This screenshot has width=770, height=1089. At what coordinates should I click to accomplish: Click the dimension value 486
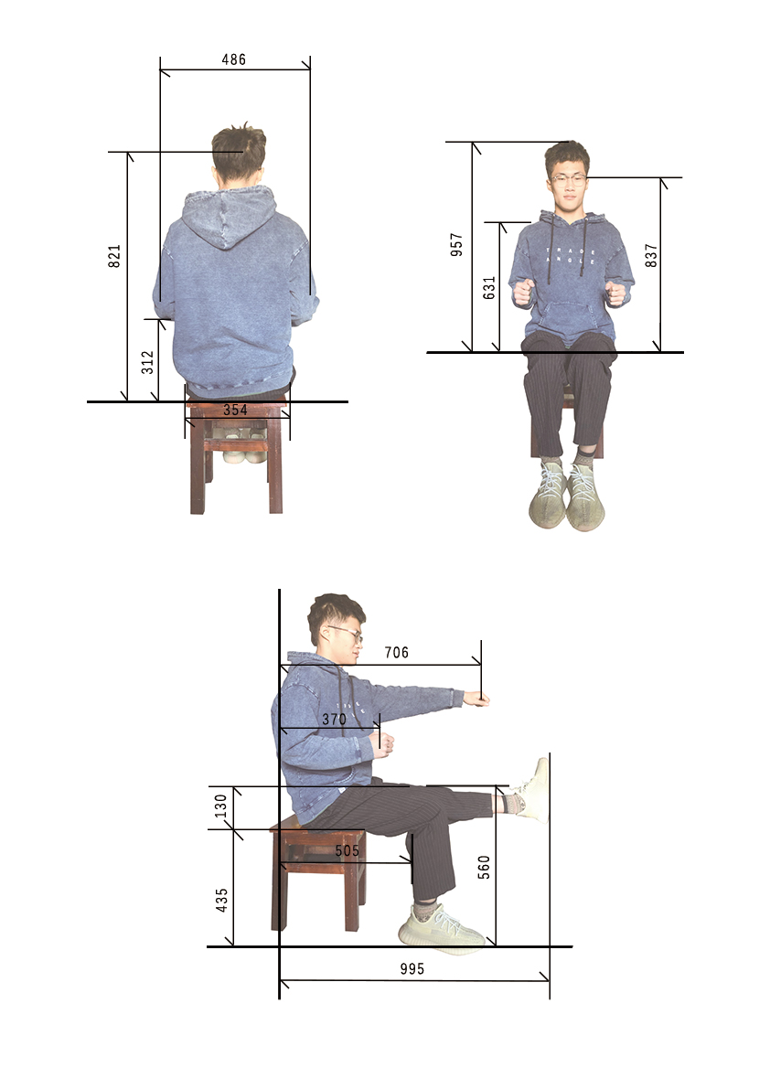[x=234, y=59]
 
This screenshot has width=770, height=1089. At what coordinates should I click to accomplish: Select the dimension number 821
[x=114, y=256]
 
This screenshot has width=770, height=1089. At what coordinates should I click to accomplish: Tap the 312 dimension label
[x=148, y=362]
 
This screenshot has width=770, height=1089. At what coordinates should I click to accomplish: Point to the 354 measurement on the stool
[x=235, y=410]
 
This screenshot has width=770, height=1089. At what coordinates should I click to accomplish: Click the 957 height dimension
[x=457, y=244]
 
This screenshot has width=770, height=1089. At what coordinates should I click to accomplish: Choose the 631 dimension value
[x=489, y=287]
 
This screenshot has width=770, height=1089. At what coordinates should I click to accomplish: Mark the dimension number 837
[x=650, y=255]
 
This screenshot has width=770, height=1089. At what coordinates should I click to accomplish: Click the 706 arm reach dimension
[x=397, y=652]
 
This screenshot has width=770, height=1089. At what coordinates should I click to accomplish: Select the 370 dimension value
[x=334, y=720]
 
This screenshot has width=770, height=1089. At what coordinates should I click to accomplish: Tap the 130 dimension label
[x=220, y=806]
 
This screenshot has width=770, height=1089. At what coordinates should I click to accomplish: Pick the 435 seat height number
[x=221, y=900]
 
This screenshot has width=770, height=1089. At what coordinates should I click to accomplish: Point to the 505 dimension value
[x=348, y=850]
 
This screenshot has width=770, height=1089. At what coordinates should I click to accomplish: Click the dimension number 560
[x=484, y=868]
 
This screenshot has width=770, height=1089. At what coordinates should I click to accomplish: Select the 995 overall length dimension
[x=412, y=969]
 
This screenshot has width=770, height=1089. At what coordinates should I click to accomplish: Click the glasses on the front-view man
[x=568, y=180]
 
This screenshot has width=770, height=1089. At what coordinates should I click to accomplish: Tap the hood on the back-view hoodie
[x=230, y=215]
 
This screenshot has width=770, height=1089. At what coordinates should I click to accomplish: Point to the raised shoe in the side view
[x=535, y=790]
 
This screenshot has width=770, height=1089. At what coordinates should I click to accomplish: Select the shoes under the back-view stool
[x=243, y=444]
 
